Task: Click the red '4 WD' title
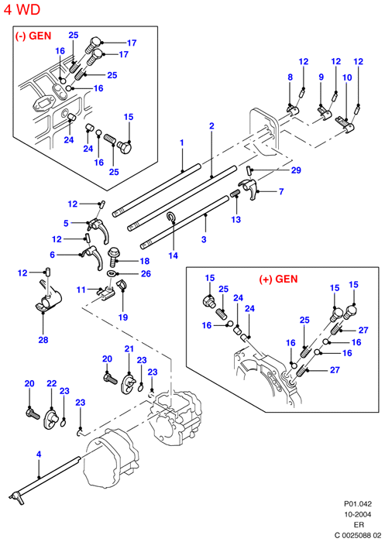tap(22, 9)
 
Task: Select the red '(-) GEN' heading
tap(33, 36)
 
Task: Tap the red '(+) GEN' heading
tap(278, 279)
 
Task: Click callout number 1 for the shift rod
tap(181, 142)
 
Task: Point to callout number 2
tap(211, 125)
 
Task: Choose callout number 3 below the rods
tap(204, 239)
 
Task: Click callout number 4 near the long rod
tap(39, 455)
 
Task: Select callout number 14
tap(174, 256)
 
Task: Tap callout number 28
tap(43, 340)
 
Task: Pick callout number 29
tap(296, 170)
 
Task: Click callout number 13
tap(236, 219)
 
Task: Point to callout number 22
tap(52, 383)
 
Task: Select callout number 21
tap(129, 348)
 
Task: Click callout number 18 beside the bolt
tap(145, 261)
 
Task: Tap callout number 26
tap(146, 274)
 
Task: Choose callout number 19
tap(123, 317)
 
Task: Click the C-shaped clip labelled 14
tap(171, 217)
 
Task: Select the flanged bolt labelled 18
tap(113, 256)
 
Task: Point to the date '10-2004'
tap(358, 514)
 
